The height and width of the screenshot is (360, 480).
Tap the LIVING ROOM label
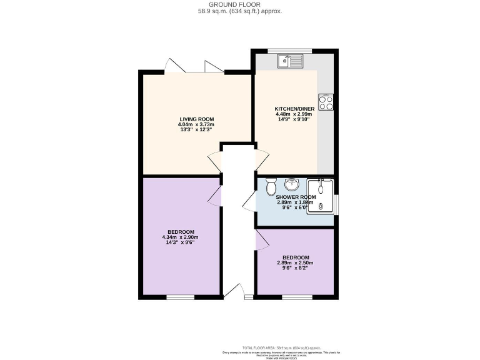tap(197, 119)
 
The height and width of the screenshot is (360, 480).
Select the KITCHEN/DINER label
tap(293, 109)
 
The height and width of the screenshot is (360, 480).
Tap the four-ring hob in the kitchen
tap(326, 102)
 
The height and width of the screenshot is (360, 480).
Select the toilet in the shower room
tap(271, 186)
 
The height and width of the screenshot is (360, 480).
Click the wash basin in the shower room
tap(291, 184)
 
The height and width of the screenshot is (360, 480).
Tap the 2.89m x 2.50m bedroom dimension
tap(295, 263)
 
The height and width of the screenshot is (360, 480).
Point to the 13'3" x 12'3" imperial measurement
tap(196, 130)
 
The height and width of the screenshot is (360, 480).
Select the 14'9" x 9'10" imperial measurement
tap(293, 119)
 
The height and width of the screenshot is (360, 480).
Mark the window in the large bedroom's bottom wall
tap(180, 296)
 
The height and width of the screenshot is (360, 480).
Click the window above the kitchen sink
tap(293, 50)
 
